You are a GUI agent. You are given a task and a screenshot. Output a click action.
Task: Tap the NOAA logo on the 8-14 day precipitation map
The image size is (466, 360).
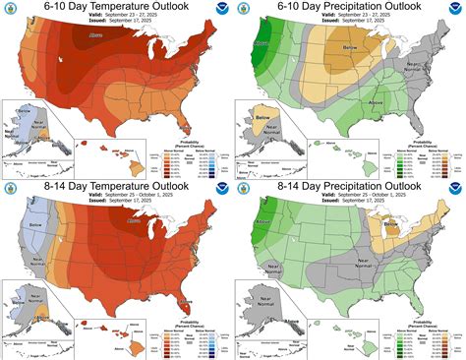click(x=453, y=192)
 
